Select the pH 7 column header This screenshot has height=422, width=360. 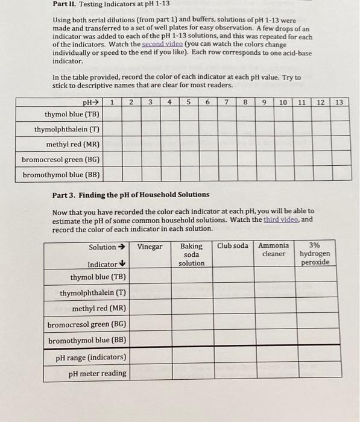click(x=226, y=102)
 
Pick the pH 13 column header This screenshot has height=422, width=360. click(x=339, y=102)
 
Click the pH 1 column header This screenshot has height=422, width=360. click(x=112, y=102)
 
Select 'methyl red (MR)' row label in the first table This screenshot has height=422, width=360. click(x=73, y=144)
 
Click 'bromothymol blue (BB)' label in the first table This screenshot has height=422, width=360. click(x=62, y=175)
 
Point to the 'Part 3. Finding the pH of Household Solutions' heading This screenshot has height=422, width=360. click(x=131, y=194)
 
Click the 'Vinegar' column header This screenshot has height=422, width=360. click(x=150, y=247)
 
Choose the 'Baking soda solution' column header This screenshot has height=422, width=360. click(x=192, y=254)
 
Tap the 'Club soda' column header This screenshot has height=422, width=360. click(x=233, y=247)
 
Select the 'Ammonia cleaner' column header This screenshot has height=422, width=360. click(x=274, y=250)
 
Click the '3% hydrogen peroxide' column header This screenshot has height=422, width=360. click(x=315, y=254)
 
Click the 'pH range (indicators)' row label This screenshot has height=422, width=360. click(x=91, y=357)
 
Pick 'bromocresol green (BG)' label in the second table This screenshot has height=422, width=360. click(x=87, y=324)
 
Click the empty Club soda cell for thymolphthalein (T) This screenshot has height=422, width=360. click(x=233, y=293)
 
